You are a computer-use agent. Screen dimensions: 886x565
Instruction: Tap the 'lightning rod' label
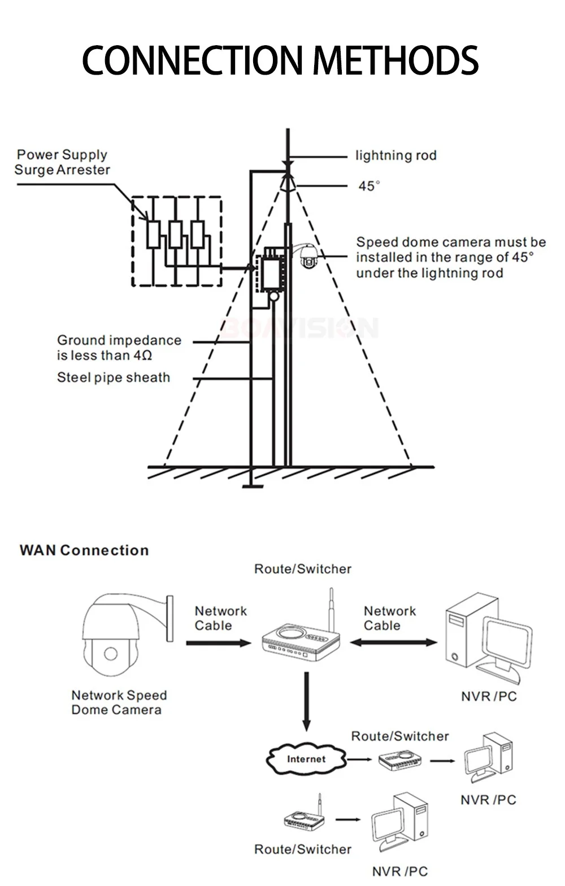click(x=395, y=155)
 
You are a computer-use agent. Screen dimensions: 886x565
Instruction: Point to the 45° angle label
click(x=369, y=186)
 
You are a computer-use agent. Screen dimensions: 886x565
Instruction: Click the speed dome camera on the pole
click(x=308, y=257)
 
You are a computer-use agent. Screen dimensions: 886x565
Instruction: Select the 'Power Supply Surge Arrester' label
click(x=62, y=162)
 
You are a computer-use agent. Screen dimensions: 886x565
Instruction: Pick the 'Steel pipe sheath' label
click(x=113, y=377)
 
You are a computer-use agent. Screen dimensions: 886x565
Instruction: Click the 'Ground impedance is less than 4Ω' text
click(x=119, y=348)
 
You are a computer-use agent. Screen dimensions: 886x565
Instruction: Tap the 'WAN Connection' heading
click(x=84, y=550)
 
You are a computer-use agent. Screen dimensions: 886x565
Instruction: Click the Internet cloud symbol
click(x=306, y=759)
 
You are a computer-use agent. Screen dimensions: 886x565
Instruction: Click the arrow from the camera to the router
click(x=218, y=643)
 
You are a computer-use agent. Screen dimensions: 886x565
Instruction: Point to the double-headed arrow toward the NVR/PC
click(x=393, y=642)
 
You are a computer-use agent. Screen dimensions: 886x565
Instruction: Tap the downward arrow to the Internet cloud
click(x=306, y=701)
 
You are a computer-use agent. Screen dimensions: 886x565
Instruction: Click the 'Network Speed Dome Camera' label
click(x=119, y=702)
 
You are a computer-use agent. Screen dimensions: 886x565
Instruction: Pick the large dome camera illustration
click(x=119, y=636)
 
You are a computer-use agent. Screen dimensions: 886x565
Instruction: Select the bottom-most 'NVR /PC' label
click(x=399, y=872)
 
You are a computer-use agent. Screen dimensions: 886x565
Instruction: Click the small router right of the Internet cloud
click(x=400, y=760)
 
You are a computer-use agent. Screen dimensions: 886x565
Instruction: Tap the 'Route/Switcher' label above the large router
click(x=303, y=569)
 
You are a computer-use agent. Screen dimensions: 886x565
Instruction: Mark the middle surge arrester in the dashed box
click(x=175, y=234)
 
